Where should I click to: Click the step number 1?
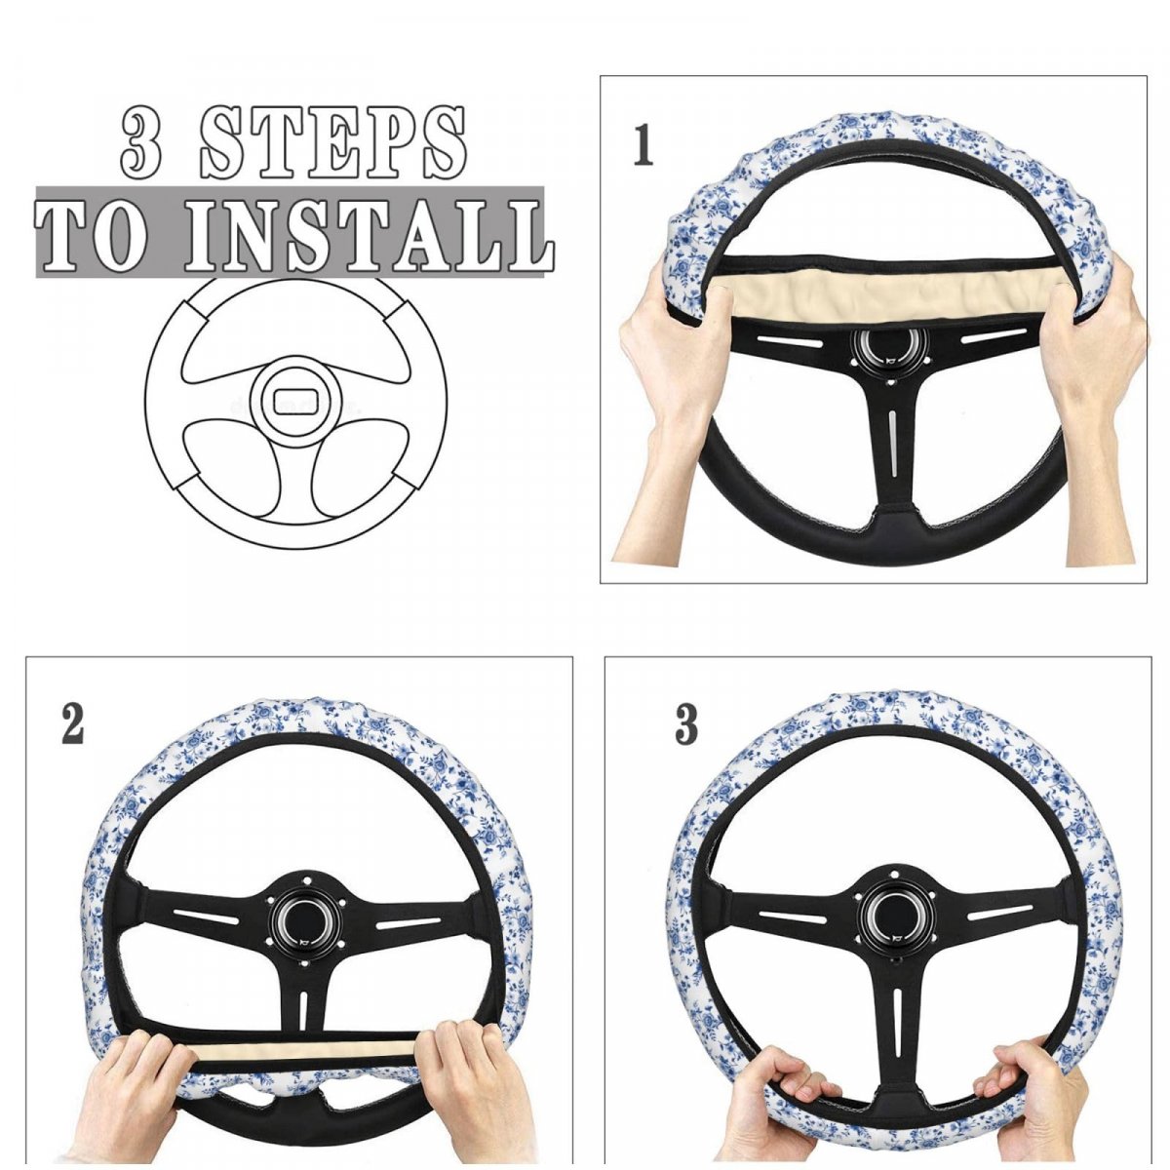(x=643, y=145)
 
